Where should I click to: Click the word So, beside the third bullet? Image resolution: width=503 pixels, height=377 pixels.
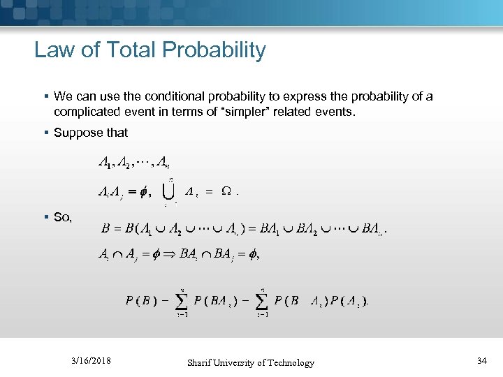[63, 217]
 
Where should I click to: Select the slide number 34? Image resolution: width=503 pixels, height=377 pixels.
[481, 361]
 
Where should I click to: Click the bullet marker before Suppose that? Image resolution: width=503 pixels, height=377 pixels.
[46, 133]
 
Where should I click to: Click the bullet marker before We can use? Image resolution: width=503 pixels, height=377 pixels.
[46, 96]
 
